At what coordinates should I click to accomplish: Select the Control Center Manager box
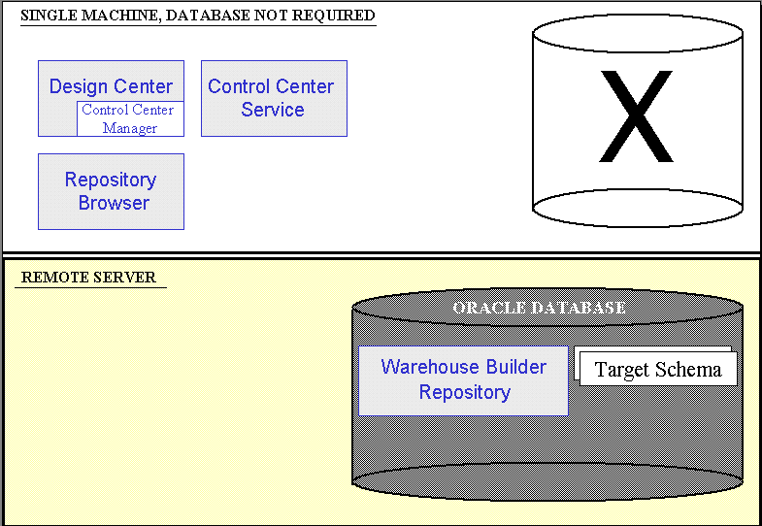[130, 118]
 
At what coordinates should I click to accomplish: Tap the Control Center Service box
[274, 98]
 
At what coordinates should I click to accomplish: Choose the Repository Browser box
[111, 191]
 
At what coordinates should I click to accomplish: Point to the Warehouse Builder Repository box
[463, 379]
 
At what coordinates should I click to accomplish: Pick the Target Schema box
[658, 369]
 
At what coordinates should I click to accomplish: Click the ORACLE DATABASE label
[539, 308]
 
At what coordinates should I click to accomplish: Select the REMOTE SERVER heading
[88, 278]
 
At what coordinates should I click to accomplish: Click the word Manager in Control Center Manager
[130, 128]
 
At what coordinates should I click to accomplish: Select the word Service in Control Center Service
[273, 110]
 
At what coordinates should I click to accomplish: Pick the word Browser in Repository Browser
[114, 203]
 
